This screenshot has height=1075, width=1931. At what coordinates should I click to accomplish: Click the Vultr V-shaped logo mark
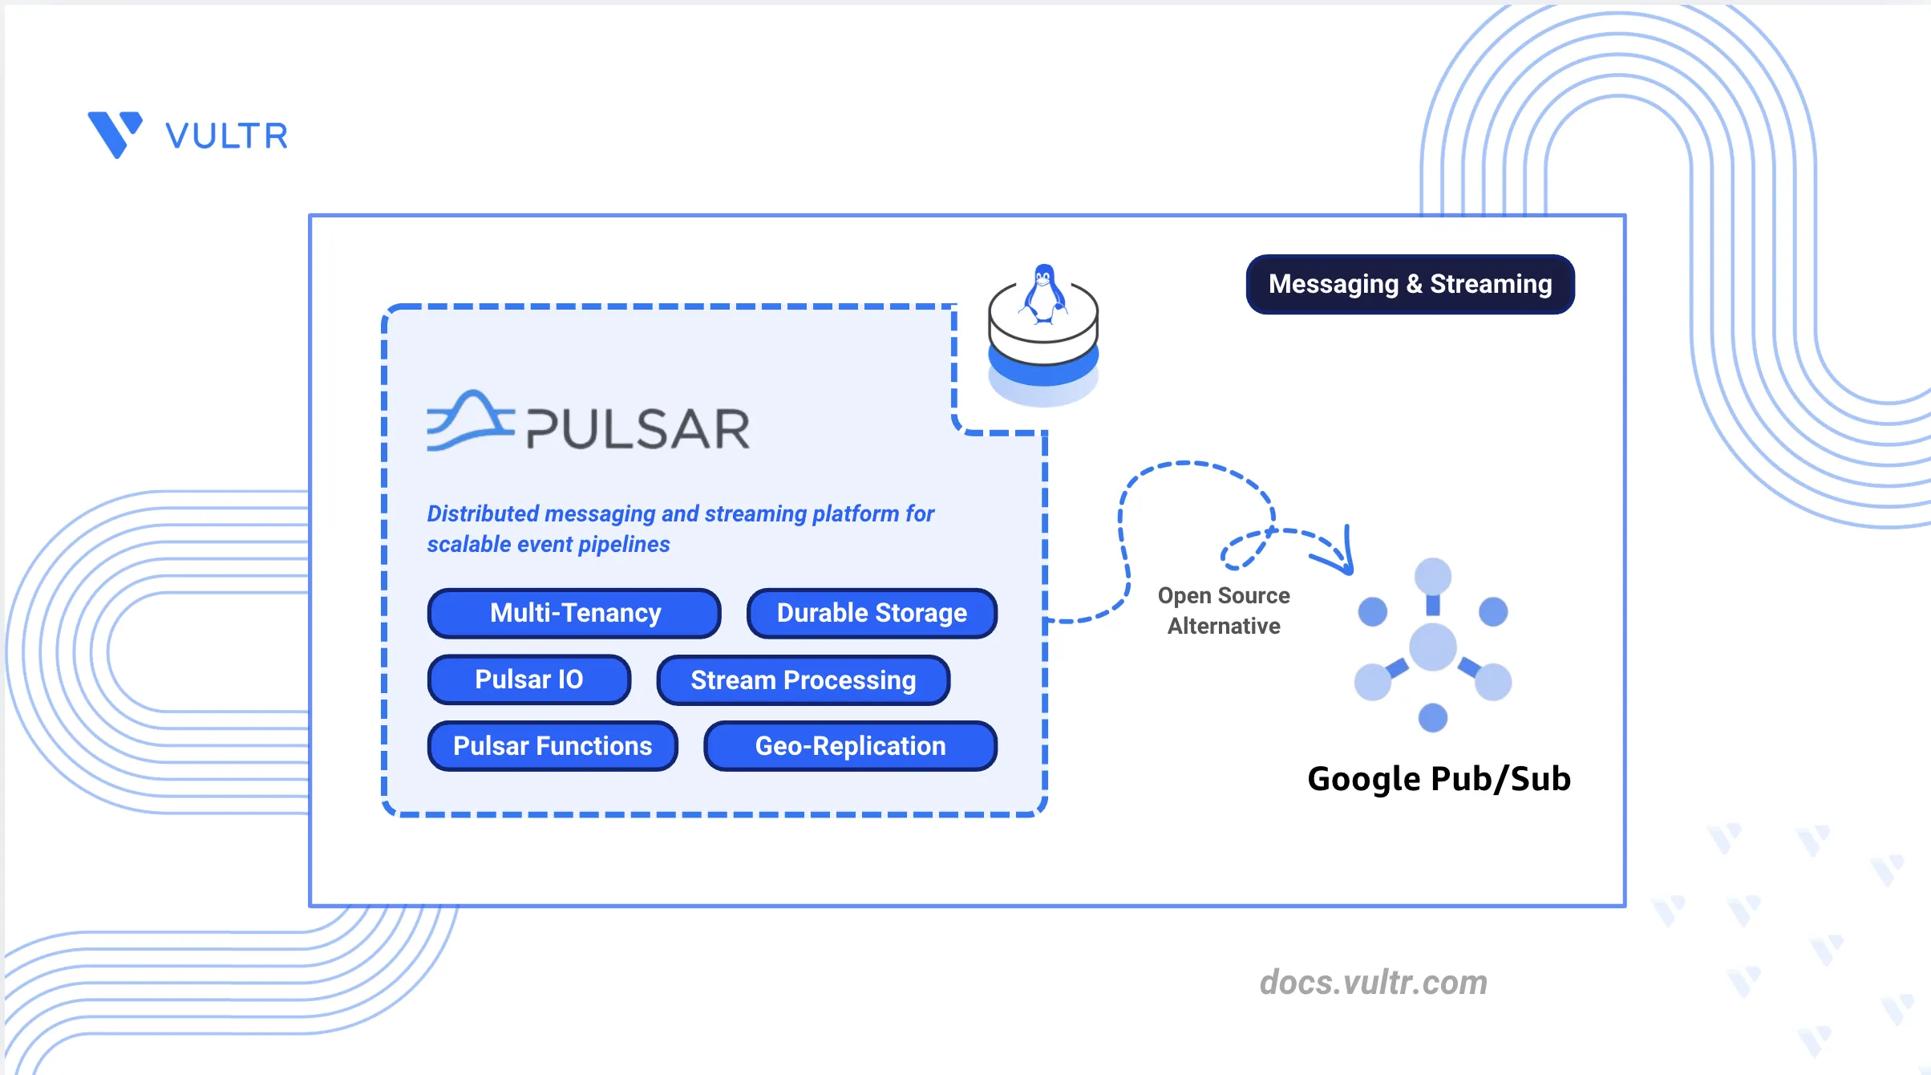point(115,134)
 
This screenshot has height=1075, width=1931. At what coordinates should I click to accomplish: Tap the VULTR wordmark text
point(226,136)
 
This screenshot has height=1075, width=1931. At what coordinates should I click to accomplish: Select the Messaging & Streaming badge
point(1410,284)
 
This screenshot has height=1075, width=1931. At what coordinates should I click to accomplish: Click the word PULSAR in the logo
point(638,428)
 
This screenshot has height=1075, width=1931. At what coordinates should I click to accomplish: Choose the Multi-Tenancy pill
point(575,614)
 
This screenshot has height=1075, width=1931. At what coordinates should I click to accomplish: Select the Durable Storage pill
point(872,614)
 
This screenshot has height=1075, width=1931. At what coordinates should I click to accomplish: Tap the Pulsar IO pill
point(529,680)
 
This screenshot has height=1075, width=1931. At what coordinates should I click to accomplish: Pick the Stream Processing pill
point(804,680)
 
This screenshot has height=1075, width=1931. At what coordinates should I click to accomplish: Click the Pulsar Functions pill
point(553,746)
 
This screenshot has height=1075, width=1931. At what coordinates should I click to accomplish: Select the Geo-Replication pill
point(850,746)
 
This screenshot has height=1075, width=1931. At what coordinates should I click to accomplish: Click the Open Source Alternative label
point(1224,611)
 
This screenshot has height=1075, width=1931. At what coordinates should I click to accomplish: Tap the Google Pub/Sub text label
point(1439,779)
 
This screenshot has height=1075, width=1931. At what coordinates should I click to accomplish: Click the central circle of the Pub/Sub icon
point(1433,647)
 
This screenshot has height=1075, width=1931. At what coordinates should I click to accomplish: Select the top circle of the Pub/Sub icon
point(1433,576)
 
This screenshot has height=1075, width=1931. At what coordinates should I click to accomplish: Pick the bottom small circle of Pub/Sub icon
point(1433,717)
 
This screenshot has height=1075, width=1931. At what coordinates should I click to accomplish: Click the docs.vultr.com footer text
point(1374,983)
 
